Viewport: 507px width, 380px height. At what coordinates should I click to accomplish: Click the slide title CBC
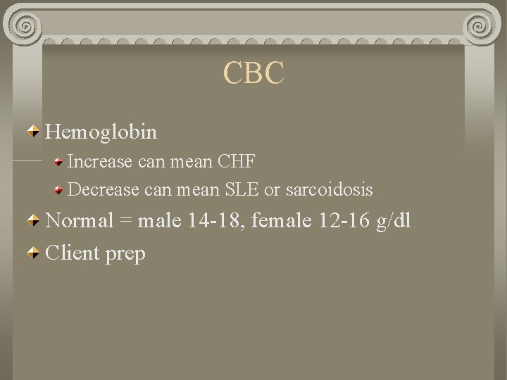point(254,74)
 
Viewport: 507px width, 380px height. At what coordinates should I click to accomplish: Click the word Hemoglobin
point(101,132)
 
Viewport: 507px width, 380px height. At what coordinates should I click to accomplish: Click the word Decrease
point(103,189)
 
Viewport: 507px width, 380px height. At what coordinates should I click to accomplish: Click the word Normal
point(80,221)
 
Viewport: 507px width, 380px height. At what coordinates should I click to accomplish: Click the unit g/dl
point(394,222)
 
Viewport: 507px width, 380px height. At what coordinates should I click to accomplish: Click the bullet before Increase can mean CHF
point(61,161)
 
